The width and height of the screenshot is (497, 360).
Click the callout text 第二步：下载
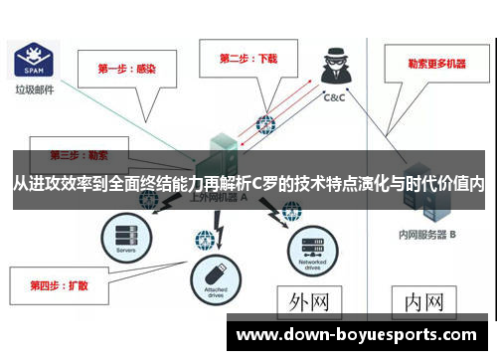248,59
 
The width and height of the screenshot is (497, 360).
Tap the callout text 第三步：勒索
80,156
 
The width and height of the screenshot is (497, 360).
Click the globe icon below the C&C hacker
265,125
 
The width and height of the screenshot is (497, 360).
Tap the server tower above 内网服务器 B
421,199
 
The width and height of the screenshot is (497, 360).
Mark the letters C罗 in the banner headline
264,184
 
